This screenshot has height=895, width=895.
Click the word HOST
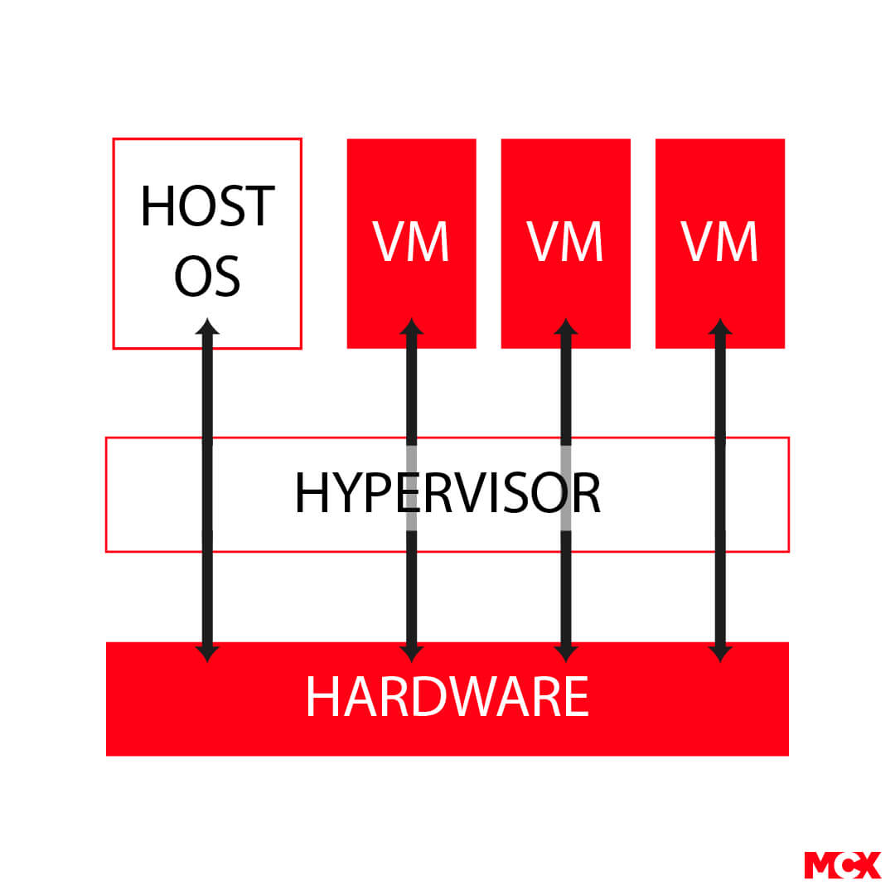pos(208,206)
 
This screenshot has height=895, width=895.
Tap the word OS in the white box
pos(207,276)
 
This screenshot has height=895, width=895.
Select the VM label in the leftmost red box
pos(411,241)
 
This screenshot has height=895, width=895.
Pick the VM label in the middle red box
pos(565,241)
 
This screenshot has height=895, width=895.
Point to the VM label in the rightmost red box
pos(720,241)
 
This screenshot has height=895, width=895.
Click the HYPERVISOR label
pos(447,494)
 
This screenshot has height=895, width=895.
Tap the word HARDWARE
pos(447,696)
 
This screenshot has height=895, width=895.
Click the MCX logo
pos(843,865)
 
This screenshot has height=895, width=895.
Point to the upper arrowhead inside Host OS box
pos(207,327)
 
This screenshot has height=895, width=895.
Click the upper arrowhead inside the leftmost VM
pos(412,327)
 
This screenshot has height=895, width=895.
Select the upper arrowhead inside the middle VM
pos(566,327)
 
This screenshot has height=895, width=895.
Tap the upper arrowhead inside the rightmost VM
pos(720,327)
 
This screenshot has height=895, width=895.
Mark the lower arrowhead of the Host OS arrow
pos(207,654)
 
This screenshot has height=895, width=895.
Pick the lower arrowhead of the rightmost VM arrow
pos(720,654)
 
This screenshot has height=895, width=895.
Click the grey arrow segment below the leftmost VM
pos(412,488)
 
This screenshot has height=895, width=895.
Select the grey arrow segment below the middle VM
pos(566,488)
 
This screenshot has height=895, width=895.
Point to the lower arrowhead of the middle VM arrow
pos(566,654)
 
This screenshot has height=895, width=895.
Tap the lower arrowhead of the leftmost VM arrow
pos(412,654)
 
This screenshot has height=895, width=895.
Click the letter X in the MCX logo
pos(867,865)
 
